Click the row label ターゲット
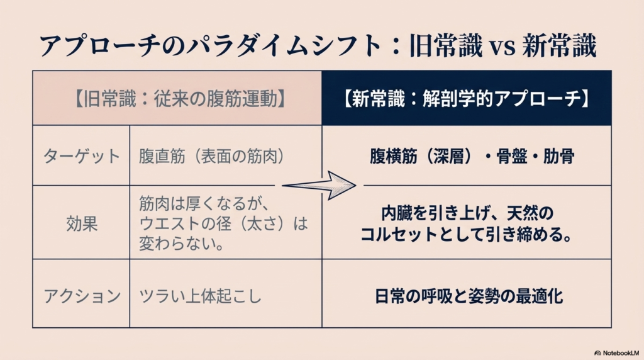81,156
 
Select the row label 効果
82,224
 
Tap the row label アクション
82,296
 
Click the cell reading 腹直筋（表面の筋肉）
211,156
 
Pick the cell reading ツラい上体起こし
200,296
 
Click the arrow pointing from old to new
319,186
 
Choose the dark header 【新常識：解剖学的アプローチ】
466,99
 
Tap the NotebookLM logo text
617,353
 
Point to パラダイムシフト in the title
284,45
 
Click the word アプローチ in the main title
99,45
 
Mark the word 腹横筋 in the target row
394,156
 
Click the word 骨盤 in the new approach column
512,156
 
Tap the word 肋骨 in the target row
558,156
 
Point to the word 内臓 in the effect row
397,213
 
